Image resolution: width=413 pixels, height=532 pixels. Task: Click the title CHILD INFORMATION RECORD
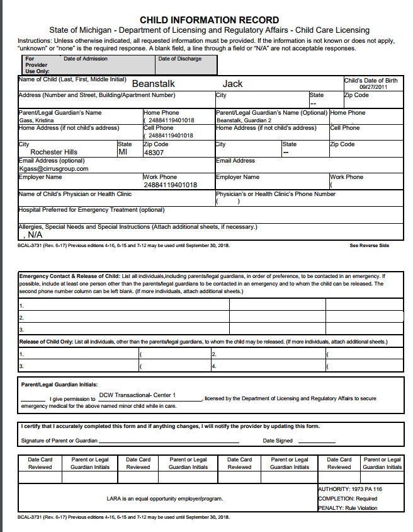209,20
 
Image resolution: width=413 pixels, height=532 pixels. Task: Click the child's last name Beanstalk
154,84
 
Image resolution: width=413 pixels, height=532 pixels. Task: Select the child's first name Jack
232,84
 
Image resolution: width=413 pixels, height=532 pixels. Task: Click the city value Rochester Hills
54,152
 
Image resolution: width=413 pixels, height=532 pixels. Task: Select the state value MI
123,152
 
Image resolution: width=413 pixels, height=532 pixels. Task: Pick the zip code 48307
154,153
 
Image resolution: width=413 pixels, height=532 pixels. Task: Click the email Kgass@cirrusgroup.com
54,169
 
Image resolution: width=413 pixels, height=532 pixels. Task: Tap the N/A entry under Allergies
35,234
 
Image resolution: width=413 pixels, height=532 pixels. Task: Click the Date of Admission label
86,59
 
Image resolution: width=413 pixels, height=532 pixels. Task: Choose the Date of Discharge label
180,59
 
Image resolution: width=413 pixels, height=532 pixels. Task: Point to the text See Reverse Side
369,245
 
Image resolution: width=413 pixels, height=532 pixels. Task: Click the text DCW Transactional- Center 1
137,395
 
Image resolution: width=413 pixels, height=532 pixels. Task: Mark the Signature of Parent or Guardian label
59,441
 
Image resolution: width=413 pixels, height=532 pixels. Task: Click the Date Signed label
278,441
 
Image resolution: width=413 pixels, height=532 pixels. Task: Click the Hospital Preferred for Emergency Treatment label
91,210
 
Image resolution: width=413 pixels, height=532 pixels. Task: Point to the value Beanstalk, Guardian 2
244,120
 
